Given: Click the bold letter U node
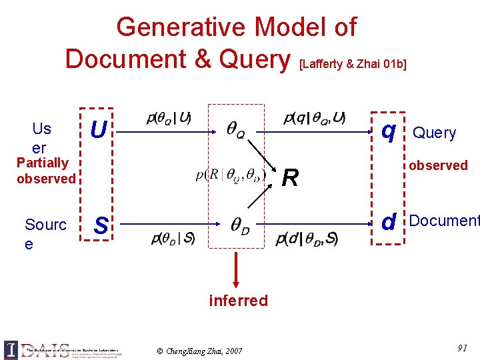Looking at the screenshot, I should click(98, 130).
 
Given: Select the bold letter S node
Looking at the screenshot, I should click(101, 225).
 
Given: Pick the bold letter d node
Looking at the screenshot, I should click(389, 221).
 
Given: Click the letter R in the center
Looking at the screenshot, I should click(289, 178).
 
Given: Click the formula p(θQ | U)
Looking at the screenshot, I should click(168, 119).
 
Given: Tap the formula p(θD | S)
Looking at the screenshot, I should click(173, 238).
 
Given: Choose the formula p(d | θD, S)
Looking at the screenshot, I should click(307, 238).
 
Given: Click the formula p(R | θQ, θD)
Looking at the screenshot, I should click(231, 175).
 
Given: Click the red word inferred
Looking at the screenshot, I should click(238, 301).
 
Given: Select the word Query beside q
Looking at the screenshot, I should click(435, 133).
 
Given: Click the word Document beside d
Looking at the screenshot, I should click(444, 221).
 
